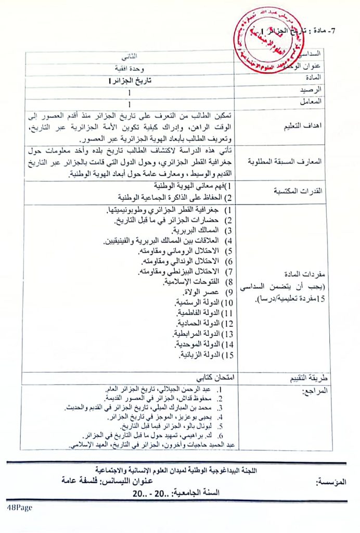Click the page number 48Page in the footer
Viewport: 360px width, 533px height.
click(x=20, y=506)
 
